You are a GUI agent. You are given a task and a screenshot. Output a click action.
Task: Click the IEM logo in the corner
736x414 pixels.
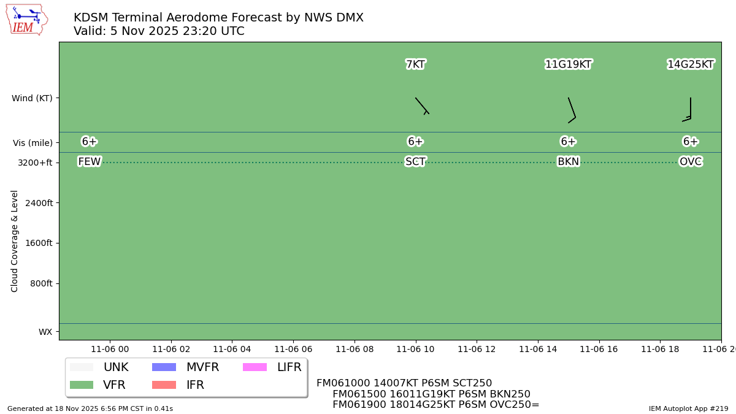tap(26, 20)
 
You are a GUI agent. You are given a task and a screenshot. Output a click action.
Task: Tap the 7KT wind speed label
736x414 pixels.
tap(415, 64)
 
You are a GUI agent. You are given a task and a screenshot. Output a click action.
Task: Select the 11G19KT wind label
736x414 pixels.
tap(568, 64)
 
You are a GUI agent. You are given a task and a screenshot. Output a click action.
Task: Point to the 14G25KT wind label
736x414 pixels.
tap(691, 64)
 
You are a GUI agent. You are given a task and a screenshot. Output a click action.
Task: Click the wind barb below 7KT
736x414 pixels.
tap(422, 105)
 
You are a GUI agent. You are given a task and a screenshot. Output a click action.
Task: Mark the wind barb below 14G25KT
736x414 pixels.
tap(689, 109)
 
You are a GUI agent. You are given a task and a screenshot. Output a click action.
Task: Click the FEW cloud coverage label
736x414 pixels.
tap(90, 162)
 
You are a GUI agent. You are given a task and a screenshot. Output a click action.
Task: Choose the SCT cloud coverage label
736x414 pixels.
tap(415, 162)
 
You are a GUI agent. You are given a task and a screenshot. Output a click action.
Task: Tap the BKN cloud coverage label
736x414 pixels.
tap(568, 162)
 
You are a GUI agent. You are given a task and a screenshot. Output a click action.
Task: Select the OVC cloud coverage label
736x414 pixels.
tap(691, 162)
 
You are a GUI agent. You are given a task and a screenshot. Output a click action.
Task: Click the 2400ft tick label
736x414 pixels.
tap(37, 203)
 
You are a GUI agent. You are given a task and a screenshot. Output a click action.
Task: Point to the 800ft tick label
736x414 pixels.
tap(39, 283)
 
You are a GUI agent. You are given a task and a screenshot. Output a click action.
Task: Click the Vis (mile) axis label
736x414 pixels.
tap(33, 143)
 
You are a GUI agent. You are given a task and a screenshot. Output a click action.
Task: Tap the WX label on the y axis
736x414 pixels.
tap(45, 332)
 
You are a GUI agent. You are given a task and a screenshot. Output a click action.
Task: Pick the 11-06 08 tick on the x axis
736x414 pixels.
tap(355, 349)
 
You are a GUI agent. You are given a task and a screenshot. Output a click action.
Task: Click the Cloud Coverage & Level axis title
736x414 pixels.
tap(15, 241)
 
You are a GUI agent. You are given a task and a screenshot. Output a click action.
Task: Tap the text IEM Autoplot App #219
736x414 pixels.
tap(688, 408)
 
